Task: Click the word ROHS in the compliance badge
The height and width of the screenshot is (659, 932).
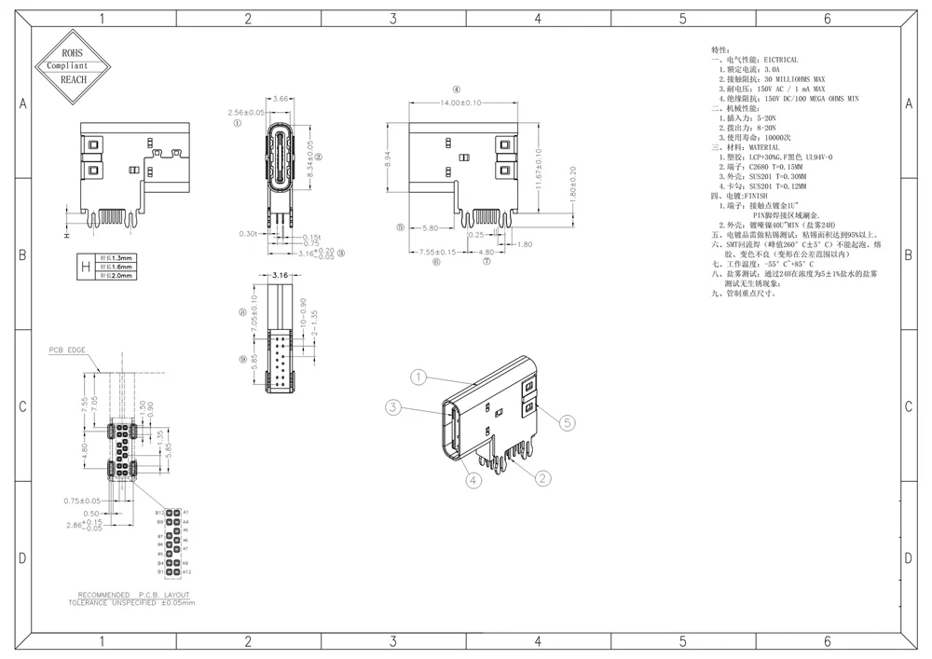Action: pos(73,54)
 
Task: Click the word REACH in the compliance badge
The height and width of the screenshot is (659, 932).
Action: pos(73,79)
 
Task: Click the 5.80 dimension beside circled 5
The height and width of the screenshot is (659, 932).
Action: pos(430,227)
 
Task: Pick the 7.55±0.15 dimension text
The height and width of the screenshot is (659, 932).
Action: pos(437,252)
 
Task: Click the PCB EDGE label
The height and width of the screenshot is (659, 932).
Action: pos(68,350)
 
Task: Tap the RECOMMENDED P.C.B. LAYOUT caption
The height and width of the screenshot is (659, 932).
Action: pos(133,595)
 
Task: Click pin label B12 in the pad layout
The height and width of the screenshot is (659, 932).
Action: pos(160,513)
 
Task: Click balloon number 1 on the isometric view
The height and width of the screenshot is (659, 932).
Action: pos(419,378)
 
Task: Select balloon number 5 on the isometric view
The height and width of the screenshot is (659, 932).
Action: pos(566,422)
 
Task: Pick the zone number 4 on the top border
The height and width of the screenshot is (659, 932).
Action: pos(538,18)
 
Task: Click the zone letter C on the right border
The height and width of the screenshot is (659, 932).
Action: pos(908,407)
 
